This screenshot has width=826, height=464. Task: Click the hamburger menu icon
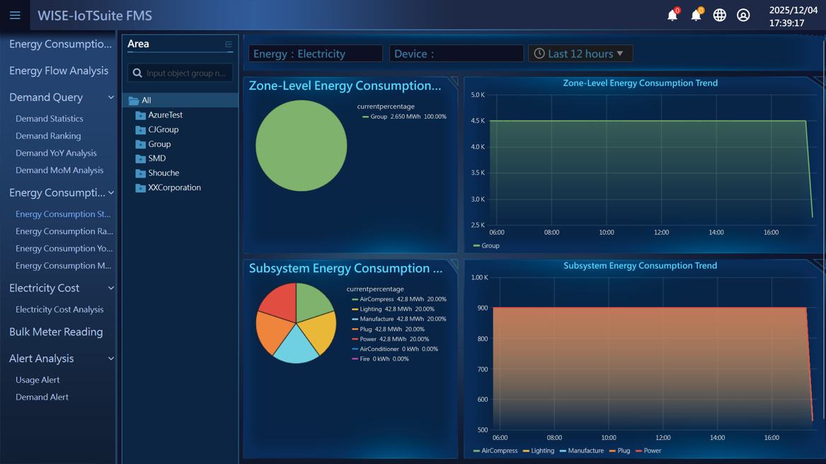15,15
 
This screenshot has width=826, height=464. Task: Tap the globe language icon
719,15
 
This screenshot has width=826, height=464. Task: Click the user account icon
743,15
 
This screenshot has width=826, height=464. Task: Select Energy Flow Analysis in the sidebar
59,71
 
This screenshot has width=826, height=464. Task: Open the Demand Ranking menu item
48,136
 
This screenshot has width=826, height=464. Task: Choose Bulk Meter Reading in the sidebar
56,332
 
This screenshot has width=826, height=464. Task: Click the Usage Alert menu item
38,380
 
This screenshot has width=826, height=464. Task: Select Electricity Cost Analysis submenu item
59,309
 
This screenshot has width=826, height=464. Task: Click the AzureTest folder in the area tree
165,115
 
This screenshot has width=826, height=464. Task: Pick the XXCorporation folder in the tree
174,187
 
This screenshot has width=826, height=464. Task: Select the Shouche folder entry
164,173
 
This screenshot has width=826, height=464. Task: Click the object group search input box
185,73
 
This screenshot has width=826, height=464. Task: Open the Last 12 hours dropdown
580,54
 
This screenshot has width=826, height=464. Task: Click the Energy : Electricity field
315,54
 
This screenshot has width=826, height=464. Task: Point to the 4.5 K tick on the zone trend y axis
478,121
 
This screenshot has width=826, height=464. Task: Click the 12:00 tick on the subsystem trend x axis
662,438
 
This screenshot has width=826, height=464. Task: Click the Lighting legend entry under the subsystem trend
542,451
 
